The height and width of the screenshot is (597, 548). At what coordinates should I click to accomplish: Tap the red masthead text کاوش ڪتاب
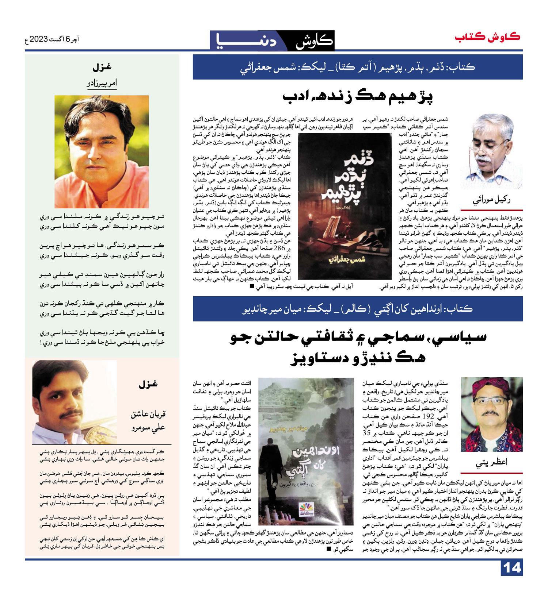pyautogui.click(x=487, y=37)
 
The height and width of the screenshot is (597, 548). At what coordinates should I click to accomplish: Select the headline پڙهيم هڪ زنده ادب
pyautogui.click(x=358, y=97)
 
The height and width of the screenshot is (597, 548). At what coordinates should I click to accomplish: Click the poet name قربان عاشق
pyautogui.click(x=148, y=414)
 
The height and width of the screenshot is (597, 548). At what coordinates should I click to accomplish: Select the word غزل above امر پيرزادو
pyautogui.click(x=102, y=67)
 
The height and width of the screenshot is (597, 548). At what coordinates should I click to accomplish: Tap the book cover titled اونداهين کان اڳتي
pyautogui.click(x=306, y=451)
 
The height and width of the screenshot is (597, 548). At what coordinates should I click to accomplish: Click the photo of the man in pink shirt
pyautogui.click(x=102, y=151)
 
